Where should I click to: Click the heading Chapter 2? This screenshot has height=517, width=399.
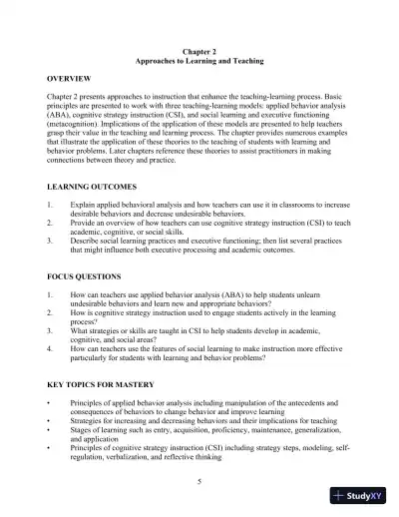pyautogui.click(x=199, y=50)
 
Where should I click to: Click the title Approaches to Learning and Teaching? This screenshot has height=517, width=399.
pyautogui.click(x=199, y=60)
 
